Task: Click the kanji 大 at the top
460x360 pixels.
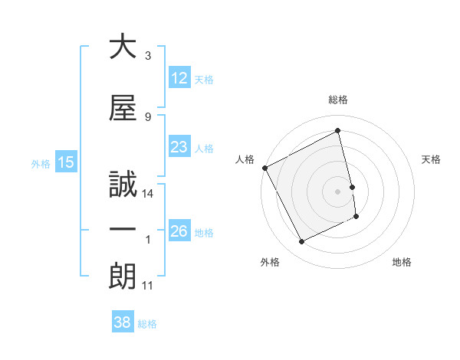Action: (123, 47)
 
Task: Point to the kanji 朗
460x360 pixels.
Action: (123, 277)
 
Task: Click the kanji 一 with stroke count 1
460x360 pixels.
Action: (123, 231)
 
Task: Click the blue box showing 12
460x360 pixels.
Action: (179, 78)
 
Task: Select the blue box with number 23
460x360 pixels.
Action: (179, 147)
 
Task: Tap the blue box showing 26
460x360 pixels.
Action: (179, 231)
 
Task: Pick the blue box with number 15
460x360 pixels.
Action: (65, 162)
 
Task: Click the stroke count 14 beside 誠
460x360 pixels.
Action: (149, 194)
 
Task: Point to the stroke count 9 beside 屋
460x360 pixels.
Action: (148, 116)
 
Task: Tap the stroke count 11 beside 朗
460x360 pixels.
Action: (148, 286)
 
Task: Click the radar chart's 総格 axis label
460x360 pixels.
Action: (338, 100)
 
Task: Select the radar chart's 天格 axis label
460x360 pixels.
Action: (432, 159)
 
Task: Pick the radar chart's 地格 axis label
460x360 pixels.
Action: (402, 262)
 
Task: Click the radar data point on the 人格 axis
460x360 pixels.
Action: (264, 168)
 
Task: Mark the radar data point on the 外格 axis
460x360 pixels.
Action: (301, 242)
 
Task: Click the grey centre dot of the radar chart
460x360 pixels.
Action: (338, 191)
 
